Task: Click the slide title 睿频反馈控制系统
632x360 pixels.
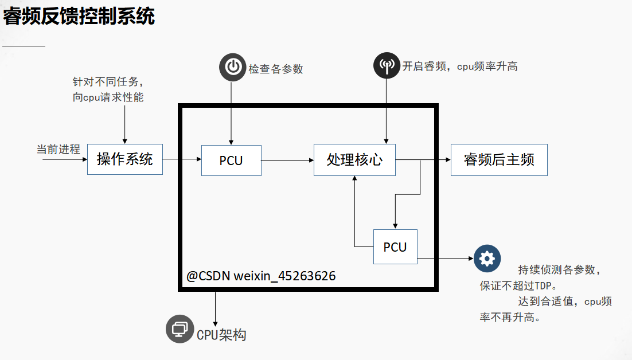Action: click(79, 17)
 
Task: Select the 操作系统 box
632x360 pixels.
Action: click(125, 159)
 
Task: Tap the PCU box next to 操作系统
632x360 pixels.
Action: click(231, 161)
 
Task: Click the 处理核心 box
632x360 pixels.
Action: click(354, 159)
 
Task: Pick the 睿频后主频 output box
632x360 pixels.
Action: click(499, 159)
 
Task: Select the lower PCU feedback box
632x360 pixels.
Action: click(395, 246)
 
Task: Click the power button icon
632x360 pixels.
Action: click(232, 67)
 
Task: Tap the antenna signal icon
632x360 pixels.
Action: click(387, 65)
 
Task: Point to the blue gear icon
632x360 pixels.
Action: click(487, 259)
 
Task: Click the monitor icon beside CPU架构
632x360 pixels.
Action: click(180, 329)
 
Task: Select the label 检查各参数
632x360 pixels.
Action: click(275, 69)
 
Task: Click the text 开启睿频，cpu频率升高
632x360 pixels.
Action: click(459, 66)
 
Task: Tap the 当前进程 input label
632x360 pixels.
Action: click(58, 150)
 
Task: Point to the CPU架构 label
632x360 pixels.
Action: click(221, 335)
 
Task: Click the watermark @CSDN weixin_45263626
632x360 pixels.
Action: click(261, 276)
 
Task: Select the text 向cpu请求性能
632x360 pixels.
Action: click(108, 97)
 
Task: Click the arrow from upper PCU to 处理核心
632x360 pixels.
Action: click(287, 160)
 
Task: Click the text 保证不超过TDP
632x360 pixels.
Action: click(518, 285)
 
